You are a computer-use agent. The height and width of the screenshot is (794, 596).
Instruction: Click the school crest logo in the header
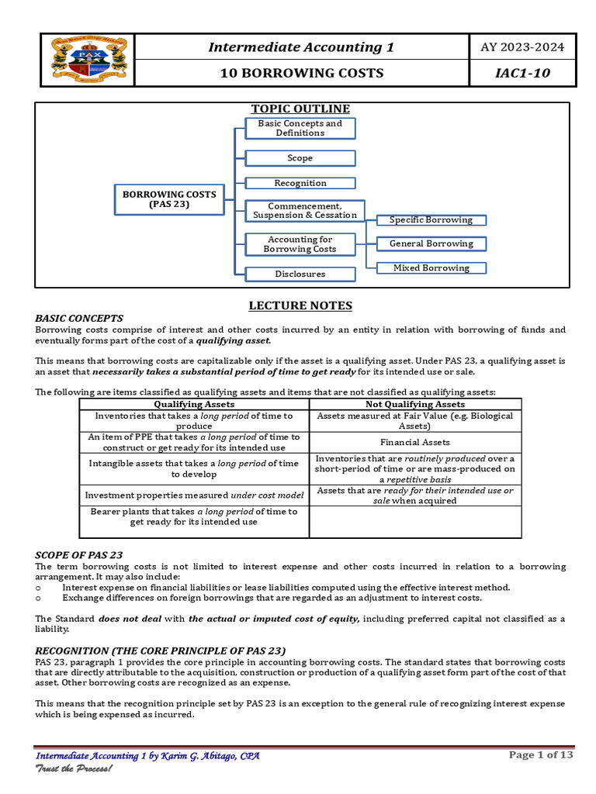[x=86, y=60]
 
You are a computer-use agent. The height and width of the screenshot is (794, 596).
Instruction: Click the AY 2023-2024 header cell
[x=522, y=47]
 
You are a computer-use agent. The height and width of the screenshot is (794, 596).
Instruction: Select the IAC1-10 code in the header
[x=522, y=74]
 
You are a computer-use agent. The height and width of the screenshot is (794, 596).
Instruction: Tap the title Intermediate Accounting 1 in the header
[x=301, y=47]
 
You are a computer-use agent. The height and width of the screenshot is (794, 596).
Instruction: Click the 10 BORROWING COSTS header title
[x=301, y=74]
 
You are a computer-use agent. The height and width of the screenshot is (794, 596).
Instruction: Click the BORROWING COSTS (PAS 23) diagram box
[x=168, y=199]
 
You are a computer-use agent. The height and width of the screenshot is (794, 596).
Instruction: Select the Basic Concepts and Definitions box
[x=300, y=128]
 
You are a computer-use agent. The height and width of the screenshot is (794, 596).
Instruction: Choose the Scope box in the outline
[x=300, y=158]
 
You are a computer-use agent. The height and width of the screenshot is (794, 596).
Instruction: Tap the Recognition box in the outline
[x=300, y=183]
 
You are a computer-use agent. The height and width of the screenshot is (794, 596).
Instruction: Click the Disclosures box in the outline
[x=300, y=274]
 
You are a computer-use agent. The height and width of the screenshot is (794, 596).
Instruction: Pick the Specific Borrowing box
[x=431, y=220]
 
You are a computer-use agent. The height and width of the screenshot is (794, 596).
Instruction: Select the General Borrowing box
[x=431, y=243]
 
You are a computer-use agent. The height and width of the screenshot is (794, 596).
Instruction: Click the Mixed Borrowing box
[x=431, y=268]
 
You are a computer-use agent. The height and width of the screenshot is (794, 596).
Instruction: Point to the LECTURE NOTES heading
[x=300, y=306]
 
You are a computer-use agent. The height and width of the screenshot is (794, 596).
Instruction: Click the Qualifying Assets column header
[x=194, y=404]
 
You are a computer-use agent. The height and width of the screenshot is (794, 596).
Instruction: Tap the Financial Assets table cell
[x=415, y=442]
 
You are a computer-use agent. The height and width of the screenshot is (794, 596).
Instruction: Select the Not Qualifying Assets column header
[x=415, y=404]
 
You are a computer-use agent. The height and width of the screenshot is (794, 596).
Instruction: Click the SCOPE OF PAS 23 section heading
[x=79, y=554]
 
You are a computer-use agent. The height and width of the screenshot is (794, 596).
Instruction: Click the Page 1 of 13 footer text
[x=540, y=755]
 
